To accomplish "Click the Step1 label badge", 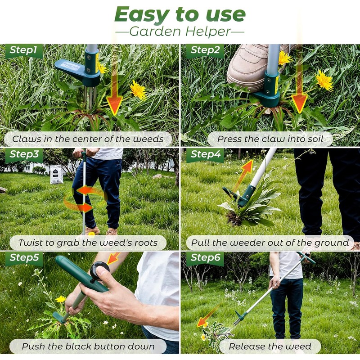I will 24,51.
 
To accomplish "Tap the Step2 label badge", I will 205,51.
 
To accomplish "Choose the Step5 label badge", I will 24,259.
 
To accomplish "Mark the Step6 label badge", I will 205,259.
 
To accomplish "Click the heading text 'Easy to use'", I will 180,14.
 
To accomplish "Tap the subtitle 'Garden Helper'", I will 180,31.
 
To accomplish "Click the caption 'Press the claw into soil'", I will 270,139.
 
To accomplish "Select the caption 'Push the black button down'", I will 88,346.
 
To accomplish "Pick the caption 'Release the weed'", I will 270,346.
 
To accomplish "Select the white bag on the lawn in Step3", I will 56,174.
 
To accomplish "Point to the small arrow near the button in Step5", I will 113,258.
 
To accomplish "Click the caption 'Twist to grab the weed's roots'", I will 88,243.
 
